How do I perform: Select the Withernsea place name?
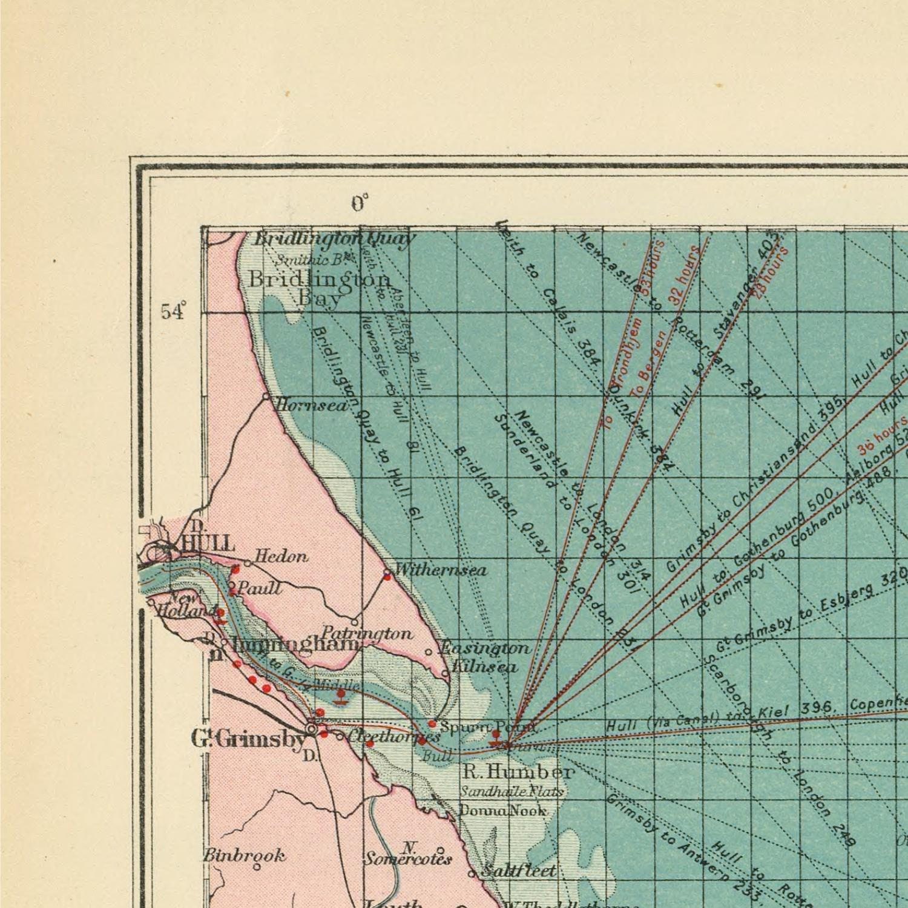[441, 570]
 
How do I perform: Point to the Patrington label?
[367, 633]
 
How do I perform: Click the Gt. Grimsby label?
[248, 739]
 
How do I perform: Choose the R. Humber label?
[518, 772]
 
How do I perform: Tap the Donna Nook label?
[503, 810]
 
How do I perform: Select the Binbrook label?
[244, 855]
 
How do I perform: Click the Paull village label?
[258, 588]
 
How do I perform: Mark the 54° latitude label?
[172, 312]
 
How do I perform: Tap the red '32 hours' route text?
[684, 272]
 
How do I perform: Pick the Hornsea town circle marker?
[266, 396]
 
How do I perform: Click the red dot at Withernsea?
[387, 577]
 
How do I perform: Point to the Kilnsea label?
[485, 666]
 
